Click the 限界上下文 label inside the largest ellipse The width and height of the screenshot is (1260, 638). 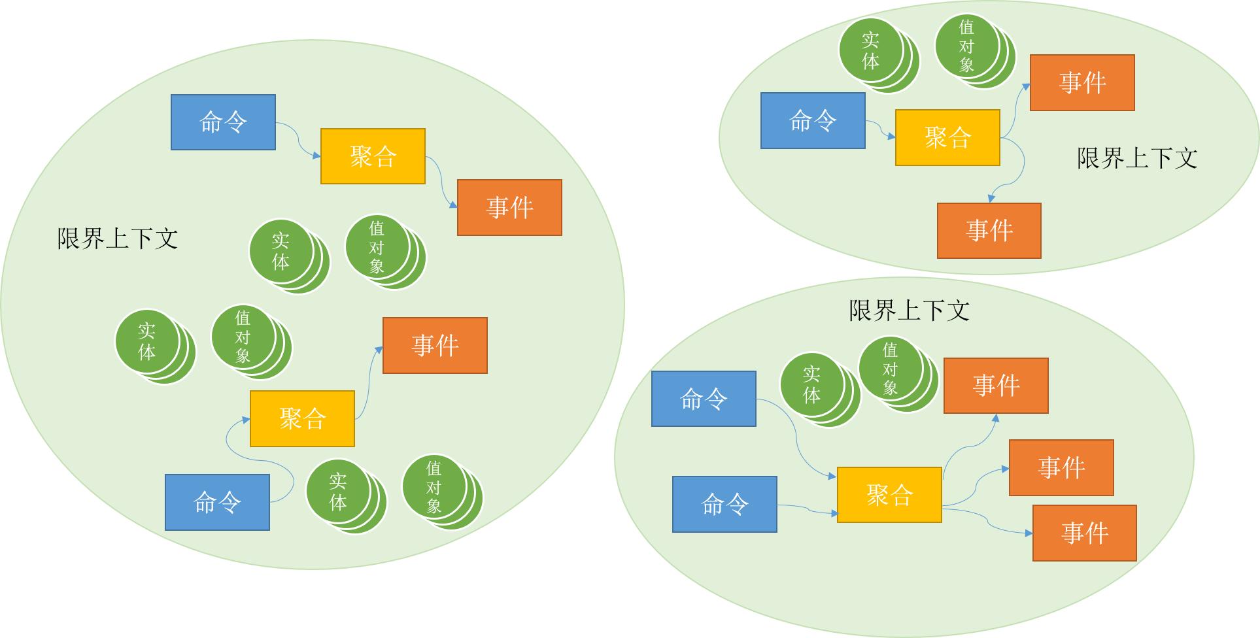pyautogui.click(x=118, y=239)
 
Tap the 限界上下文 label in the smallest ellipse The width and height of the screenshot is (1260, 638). pyautogui.click(x=1137, y=158)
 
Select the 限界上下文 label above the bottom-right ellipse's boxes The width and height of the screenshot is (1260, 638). pyautogui.click(x=909, y=311)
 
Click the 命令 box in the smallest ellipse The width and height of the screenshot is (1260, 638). pyautogui.click(x=813, y=121)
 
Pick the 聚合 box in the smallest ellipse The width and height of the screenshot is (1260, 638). pyautogui.click(x=947, y=138)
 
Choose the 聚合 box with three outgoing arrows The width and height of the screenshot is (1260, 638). pyautogui.click(x=889, y=495)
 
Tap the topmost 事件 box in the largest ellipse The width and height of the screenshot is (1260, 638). pyautogui.click(x=509, y=208)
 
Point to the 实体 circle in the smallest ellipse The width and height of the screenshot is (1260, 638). pyautogui.click(x=871, y=51)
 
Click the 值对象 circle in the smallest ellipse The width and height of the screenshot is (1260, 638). pyautogui.click(x=967, y=46)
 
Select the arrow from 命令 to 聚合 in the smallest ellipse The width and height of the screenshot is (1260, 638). pyautogui.click(x=881, y=129)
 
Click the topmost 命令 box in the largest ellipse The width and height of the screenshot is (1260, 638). pyautogui.click(x=223, y=122)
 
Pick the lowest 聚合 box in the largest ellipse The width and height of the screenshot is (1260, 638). pyautogui.click(x=302, y=419)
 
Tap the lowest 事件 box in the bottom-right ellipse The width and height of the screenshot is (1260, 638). pyautogui.click(x=1084, y=533)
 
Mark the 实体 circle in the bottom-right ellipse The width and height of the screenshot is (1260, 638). pyautogui.click(x=812, y=385)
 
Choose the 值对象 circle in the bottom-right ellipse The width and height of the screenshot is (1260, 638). pyautogui.click(x=891, y=369)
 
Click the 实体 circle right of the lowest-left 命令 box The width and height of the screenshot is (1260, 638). pyautogui.click(x=338, y=492)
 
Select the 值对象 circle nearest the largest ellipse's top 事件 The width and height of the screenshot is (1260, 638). pyautogui.click(x=377, y=248)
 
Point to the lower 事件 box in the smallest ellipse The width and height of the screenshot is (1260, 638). pyautogui.click(x=989, y=231)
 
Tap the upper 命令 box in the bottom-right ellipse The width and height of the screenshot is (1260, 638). pyautogui.click(x=704, y=399)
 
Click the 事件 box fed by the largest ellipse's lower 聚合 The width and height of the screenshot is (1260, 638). pyautogui.click(x=435, y=345)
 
